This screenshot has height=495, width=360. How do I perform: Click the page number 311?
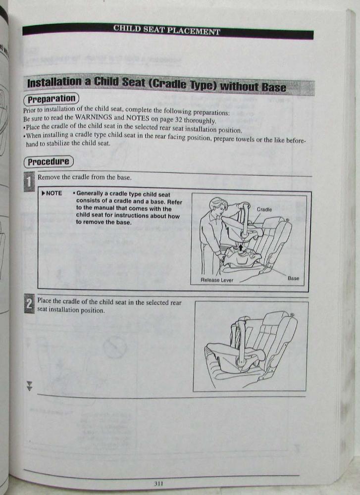(x=158, y=483)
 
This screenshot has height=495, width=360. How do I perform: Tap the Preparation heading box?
(x=51, y=99)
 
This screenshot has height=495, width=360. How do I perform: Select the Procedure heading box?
(x=49, y=162)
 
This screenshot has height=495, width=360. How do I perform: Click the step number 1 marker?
(x=29, y=182)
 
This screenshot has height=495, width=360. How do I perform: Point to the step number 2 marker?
(x=29, y=304)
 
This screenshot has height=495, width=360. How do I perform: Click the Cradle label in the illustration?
(x=264, y=209)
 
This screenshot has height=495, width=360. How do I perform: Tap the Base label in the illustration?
(x=293, y=278)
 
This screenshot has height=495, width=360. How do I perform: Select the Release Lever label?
(x=216, y=280)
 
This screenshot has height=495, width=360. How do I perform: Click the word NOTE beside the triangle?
(x=54, y=193)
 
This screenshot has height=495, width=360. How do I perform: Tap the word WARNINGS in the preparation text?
(x=94, y=117)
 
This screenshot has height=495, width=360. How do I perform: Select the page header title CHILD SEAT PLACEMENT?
(x=166, y=30)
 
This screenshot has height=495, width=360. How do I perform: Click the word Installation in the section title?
(x=54, y=83)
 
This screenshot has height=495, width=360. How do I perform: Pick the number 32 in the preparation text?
(x=178, y=120)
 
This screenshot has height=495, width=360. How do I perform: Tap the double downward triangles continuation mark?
(x=29, y=386)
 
